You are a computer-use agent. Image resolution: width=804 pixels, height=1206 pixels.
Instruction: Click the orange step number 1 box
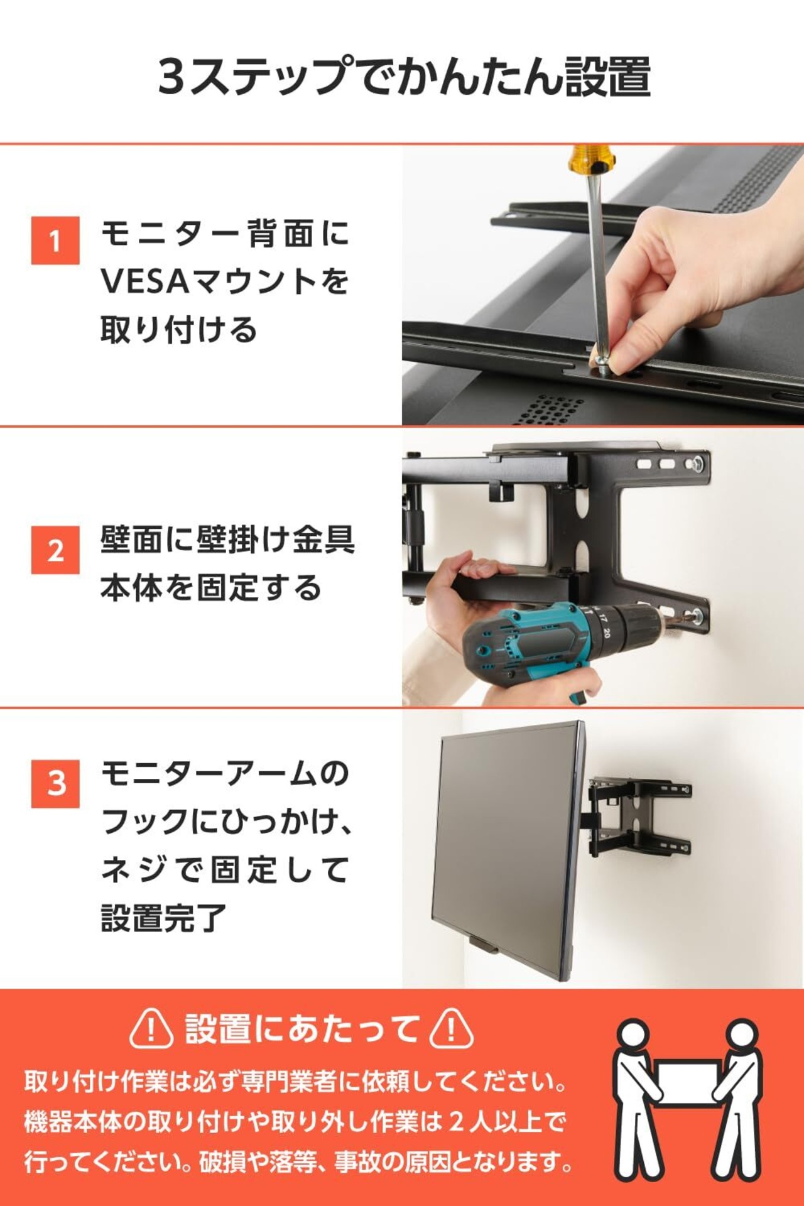[x=55, y=241]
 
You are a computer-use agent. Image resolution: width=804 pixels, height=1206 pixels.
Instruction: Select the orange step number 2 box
[x=55, y=550]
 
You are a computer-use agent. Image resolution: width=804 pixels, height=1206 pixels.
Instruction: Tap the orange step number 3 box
[x=55, y=784]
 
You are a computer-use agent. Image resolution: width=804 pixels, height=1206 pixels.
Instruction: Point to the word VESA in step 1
[x=145, y=281]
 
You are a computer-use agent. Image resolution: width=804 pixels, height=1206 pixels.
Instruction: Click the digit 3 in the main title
[x=171, y=76]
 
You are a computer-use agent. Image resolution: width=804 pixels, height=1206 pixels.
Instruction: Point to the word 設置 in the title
[x=607, y=76]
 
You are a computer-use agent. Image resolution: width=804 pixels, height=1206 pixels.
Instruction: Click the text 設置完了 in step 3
[x=164, y=918]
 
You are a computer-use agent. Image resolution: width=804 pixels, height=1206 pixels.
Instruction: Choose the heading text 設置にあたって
[x=301, y=1029]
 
